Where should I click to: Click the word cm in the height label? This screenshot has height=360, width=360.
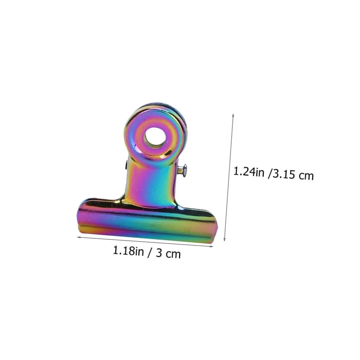pos(306,176)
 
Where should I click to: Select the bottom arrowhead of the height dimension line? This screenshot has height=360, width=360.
pos(225,239)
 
